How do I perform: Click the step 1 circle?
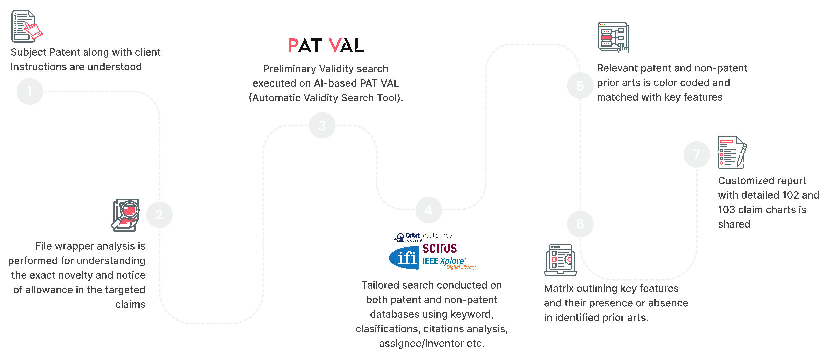[30, 91]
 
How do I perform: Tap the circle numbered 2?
[159, 215]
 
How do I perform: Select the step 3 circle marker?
[322, 125]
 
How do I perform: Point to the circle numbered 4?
[429, 210]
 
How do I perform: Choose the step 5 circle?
[580, 86]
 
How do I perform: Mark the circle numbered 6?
[580, 224]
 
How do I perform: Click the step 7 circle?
[697, 154]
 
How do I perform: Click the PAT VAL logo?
[326, 46]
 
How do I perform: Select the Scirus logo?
[440, 248]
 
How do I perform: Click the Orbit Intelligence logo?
[423, 237]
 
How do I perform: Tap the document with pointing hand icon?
[26, 26]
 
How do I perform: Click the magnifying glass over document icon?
[125, 215]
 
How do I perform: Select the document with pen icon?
[732, 152]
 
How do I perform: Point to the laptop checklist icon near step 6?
[560, 260]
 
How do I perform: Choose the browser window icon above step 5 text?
[613, 37]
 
